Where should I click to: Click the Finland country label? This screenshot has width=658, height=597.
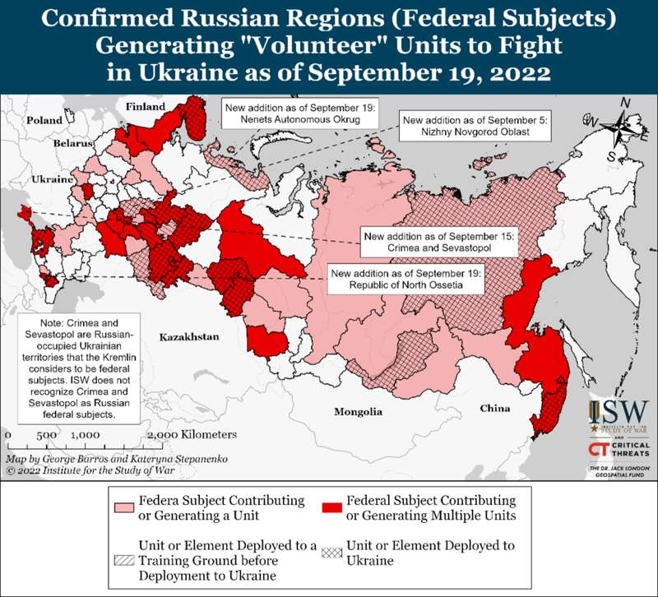(146, 107)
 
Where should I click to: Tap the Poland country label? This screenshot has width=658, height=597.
(44, 120)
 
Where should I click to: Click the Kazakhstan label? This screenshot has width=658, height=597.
(190, 337)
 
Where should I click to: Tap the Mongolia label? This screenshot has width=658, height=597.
(358, 411)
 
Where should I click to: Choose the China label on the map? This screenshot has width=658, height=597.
(495, 409)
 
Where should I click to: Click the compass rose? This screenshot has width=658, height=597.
(624, 128)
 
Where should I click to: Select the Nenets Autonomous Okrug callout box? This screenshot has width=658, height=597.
(301, 114)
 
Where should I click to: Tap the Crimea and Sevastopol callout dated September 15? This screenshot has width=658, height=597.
(438, 243)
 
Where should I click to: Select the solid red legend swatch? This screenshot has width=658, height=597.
(330, 506)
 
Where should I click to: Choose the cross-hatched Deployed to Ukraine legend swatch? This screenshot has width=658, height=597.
(330, 553)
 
